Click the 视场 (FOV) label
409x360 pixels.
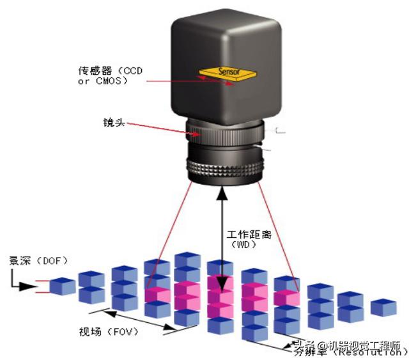[109, 333]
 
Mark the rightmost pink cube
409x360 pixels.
[287, 296]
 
